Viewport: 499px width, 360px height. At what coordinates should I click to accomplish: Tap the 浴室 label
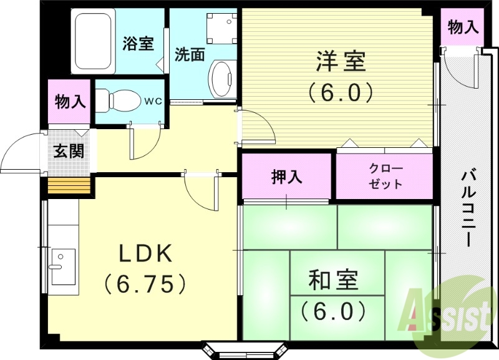(138, 44)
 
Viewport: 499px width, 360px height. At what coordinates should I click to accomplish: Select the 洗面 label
(189, 54)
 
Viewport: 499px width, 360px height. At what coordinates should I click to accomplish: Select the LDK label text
(145, 253)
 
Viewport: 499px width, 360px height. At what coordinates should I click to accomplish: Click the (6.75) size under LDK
(145, 284)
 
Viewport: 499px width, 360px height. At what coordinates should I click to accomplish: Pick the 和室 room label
(334, 280)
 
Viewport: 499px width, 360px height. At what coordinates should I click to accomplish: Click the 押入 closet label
(287, 177)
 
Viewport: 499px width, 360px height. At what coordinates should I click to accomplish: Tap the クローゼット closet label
(385, 177)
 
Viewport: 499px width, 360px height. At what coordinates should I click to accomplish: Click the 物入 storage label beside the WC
(70, 100)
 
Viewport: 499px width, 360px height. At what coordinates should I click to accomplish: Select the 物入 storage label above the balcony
(463, 27)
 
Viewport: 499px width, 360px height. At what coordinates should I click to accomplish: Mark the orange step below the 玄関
(70, 186)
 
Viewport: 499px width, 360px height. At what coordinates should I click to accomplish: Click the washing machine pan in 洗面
(220, 27)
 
